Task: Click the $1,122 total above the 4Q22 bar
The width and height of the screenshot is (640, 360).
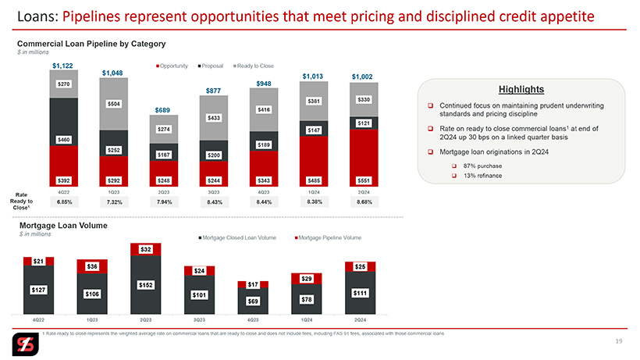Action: coord(63,66)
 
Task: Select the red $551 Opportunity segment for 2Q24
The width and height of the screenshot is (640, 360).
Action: coord(364,180)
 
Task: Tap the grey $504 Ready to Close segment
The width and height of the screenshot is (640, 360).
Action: coord(113,102)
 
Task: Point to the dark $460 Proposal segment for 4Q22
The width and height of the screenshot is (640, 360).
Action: coord(63,140)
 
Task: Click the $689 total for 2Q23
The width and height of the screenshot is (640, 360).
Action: coord(163,110)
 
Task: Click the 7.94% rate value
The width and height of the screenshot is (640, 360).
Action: coord(163,201)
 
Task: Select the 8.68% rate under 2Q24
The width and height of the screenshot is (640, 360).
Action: coord(364,201)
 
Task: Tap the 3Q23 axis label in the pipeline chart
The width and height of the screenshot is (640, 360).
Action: coord(213,191)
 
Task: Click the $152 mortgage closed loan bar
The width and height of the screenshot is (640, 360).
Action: coord(146,285)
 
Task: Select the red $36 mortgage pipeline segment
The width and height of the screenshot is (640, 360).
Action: coord(92,266)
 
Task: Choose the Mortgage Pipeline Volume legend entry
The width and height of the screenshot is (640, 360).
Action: coord(328,237)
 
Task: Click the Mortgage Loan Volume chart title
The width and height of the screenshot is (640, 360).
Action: coord(63,225)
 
